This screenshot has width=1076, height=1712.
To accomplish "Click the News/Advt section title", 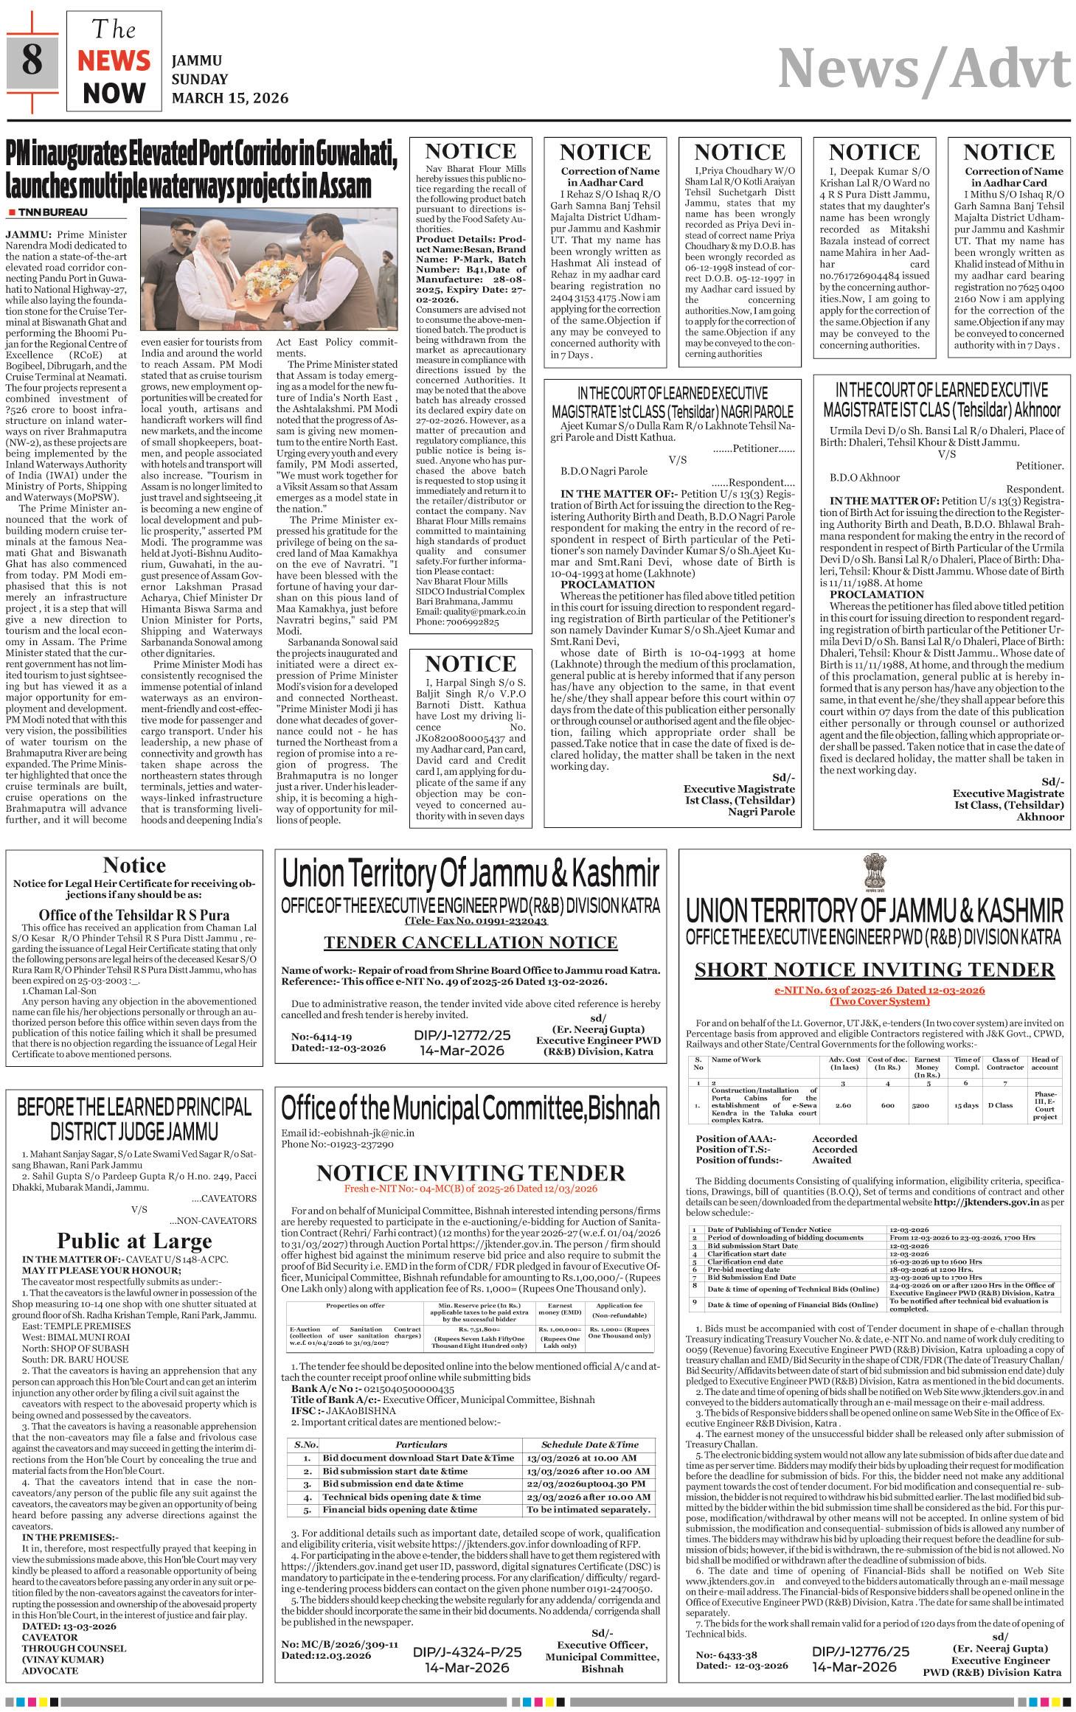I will pyautogui.click(x=924, y=70).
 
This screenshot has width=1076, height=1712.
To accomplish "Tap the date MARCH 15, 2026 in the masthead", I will pyautogui.click(x=229, y=98).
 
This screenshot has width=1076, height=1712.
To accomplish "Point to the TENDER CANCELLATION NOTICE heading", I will pyautogui.click(x=471, y=942).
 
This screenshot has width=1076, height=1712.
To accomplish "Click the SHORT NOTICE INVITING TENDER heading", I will pyautogui.click(x=875, y=970).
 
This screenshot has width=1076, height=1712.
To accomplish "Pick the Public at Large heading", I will pyautogui.click(x=134, y=1240).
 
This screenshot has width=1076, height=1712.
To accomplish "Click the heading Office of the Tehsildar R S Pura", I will pyautogui.click(x=134, y=915).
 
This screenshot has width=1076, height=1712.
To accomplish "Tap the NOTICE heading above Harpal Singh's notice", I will pyautogui.click(x=471, y=663).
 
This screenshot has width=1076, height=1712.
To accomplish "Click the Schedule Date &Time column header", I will pyautogui.click(x=590, y=1444).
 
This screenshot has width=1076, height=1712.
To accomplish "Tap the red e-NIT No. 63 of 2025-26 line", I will pyautogui.click(x=875, y=990).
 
